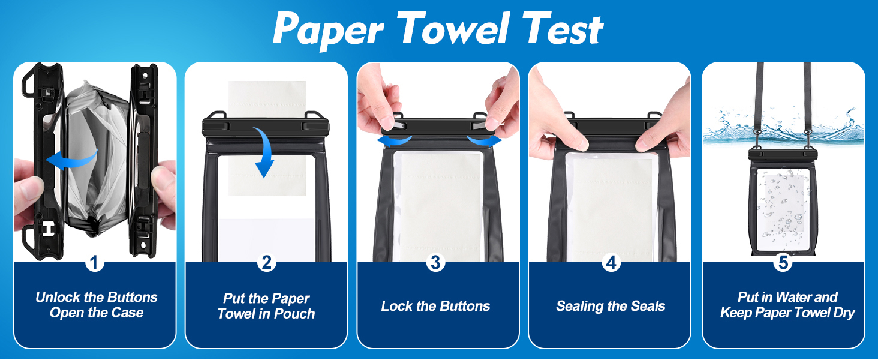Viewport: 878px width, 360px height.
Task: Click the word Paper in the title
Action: (x=330, y=29)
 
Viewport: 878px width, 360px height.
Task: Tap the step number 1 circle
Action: (x=95, y=262)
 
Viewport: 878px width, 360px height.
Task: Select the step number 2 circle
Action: (x=266, y=262)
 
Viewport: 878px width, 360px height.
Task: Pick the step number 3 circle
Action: (x=436, y=262)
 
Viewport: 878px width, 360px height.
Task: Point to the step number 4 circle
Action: (x=611, y=262)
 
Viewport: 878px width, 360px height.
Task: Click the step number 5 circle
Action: (x=783, y=262)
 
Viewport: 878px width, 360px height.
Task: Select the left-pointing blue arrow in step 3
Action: (x=395, y=140)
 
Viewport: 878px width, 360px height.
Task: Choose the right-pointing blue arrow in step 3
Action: (x=484, y=140)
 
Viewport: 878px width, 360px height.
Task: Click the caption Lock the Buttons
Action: (x=436, y=306)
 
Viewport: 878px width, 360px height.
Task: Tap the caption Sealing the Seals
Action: (x=611, y=306)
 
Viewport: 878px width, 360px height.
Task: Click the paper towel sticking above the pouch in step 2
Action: (x=267, y=96)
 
